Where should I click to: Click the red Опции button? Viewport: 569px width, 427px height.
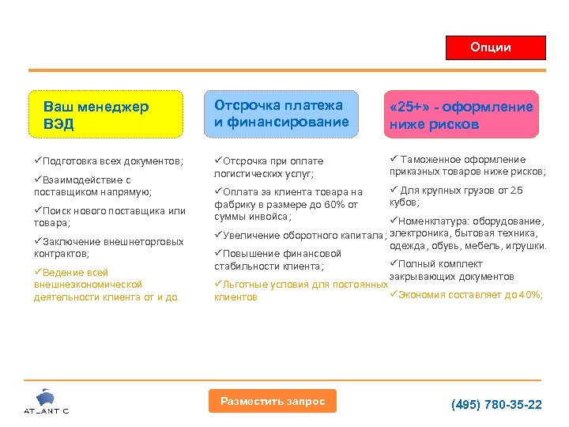point(496,47)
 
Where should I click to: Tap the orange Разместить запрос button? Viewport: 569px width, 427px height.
point(273,401)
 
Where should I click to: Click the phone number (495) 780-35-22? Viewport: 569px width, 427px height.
point(496,404)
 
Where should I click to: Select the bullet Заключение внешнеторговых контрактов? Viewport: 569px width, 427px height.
point(108,248)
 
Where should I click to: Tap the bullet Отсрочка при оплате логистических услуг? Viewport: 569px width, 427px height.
point(269,167)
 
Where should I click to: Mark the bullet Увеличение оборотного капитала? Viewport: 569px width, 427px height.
point(300,235)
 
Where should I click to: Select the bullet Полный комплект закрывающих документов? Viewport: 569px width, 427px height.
point(453,270)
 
